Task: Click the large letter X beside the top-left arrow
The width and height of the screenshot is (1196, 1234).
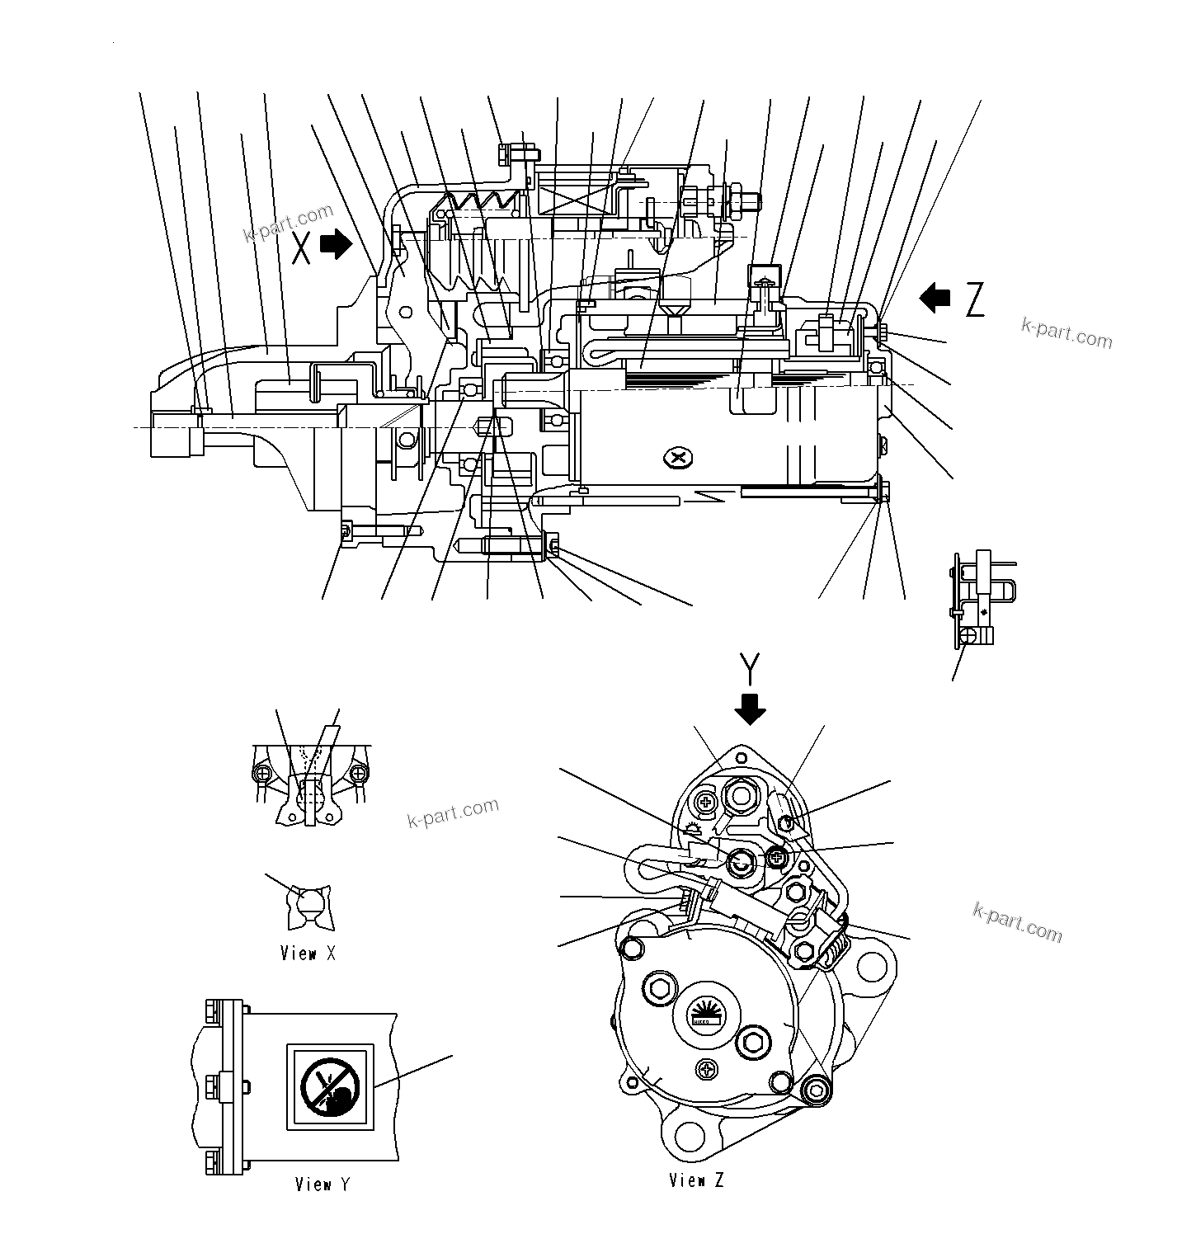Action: [303, 247]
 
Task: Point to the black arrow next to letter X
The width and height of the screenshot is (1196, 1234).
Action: [336, 244]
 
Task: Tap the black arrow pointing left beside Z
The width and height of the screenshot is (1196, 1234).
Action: [935, 298]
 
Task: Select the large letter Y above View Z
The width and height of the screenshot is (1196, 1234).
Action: [749, 670]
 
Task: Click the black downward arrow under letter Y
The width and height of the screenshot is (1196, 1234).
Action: [750, 709]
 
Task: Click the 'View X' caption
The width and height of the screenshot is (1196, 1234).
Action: [308, 954]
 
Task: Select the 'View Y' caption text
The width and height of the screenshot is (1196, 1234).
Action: [323, 1184]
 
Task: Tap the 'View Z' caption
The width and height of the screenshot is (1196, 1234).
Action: [696, 1180]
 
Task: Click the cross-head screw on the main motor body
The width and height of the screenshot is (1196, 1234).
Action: [680, 456]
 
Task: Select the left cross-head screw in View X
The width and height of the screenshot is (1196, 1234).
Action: [263, 774]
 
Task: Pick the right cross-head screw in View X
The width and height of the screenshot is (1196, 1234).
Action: [357, 774]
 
